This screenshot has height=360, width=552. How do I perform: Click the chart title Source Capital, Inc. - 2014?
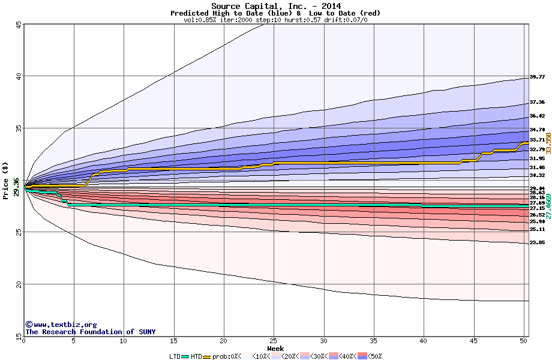click(275, 6)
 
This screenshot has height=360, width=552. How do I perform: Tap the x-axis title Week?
click(275, 348)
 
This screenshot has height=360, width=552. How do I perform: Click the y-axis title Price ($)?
click(6, 180)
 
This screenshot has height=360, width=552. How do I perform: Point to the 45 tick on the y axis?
click(19, 25)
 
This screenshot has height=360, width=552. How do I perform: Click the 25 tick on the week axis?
click(274, 341)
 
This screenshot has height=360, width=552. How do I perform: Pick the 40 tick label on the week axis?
click(424, 341)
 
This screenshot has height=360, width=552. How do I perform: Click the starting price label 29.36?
click(16, 188)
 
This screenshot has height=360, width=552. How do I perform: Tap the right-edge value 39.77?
click(537, 77)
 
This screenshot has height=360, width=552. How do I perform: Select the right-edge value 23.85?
click(537, 242)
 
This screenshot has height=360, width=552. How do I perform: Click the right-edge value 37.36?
click(537, 103)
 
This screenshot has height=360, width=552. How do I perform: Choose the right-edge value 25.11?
click(537, 229)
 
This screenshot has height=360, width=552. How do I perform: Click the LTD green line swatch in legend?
click(185, 356)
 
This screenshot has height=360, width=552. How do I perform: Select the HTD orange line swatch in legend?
click(208, 356)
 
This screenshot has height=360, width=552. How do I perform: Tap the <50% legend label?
click(373, 356)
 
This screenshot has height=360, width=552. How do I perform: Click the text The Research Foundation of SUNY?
click(90, 332)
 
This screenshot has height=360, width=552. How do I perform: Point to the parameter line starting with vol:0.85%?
click(275, 20)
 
